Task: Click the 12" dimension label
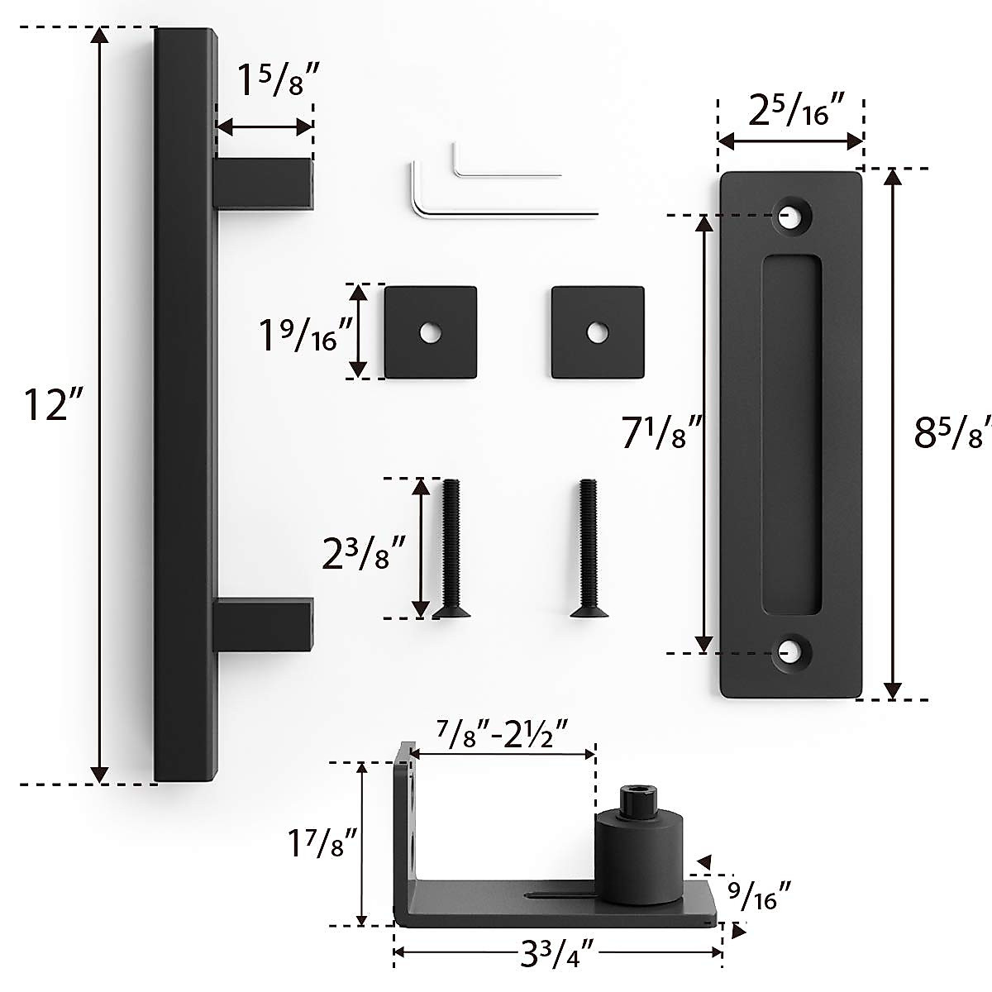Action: tap(45, 404)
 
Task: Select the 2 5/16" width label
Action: tap(789, 109)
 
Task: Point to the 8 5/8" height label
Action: tap(951, 432)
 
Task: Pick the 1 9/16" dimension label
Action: tap(305, 334)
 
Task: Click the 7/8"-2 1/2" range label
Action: tap(502, 732)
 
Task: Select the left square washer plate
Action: tap(431, 332)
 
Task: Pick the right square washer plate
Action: tap(598, 332)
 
